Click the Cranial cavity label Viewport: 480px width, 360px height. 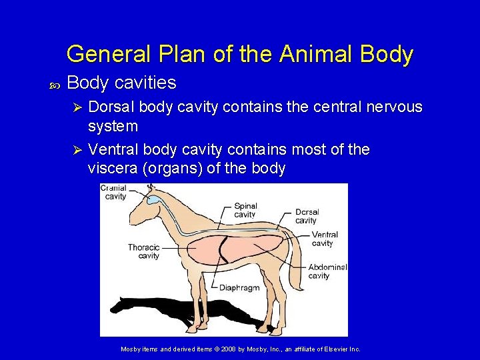tap(115, 192)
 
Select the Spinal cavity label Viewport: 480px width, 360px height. tap(245, 210)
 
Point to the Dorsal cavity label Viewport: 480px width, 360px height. tap(307, 216)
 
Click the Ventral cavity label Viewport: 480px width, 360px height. tap(325, 239)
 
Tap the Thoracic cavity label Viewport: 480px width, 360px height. tap(144, 251)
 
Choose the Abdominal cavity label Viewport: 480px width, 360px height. tap(327, 271)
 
